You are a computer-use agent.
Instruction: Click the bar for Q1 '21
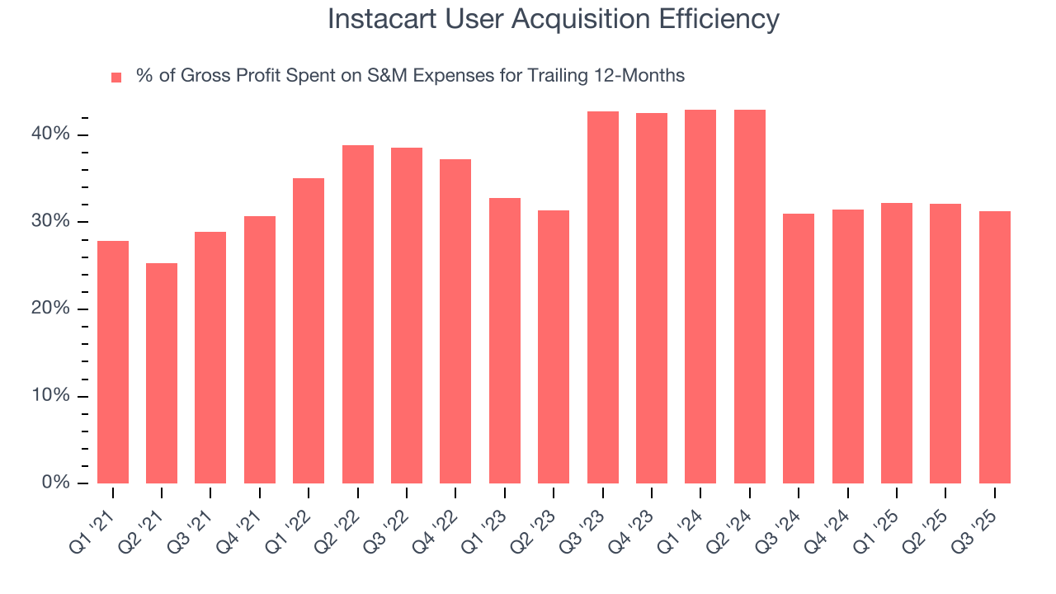(x=113, y=362)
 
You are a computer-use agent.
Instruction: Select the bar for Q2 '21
(x=162, y=373)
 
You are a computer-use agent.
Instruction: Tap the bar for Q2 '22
(x=358, y=314)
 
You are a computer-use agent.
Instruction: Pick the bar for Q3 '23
(x=603, y=297)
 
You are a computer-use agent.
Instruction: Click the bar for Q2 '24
(x=750, y=296)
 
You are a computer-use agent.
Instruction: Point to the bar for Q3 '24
(x=799, y=348)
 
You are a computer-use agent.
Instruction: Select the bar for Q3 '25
(x=995, y=347)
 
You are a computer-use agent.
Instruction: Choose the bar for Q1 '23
(x=505, y=341)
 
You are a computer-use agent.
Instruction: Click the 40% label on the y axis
(x=52, y=134)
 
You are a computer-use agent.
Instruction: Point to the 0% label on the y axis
(x=56, y=483)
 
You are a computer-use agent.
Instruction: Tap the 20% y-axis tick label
(x=52, y=309)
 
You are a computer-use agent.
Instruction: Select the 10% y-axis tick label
(x=52, y=396)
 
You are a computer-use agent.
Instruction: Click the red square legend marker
(x=116, y=77)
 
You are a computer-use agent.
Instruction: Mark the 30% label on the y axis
(x=52, y=222)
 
